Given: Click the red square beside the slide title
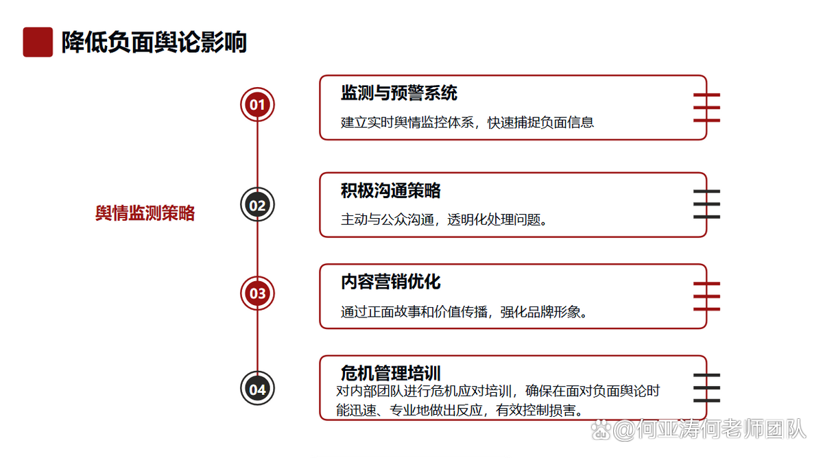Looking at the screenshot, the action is pos(38,42).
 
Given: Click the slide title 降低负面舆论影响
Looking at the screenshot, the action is pos(154,43).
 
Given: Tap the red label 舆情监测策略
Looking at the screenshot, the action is pos(145,213).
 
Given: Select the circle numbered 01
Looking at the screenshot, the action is pos(257,105).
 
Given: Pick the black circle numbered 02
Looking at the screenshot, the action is pos(257,204).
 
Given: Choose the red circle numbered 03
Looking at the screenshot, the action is pos(257,293).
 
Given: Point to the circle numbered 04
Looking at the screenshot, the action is pos(257,389).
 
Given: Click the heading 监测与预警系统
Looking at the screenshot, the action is pos(399,93).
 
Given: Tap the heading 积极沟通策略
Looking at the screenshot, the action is pos(390,191).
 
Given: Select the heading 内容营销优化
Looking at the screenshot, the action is pos(390,282).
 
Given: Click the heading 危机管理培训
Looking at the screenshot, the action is pos(390,373).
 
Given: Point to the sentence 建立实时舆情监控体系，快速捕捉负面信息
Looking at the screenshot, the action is pos(467,122).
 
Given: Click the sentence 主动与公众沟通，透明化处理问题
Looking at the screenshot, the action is pos(444,219).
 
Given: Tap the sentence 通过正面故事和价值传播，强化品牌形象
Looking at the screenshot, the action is pos(464,312).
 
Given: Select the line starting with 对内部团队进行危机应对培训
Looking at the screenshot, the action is pos(498,391).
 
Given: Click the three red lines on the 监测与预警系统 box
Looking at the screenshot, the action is pos(706,108).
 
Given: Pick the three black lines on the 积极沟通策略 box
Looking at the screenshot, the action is pos(706,204).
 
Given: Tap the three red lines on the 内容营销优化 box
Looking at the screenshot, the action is pos(706,296).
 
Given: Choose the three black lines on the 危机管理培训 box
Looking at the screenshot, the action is pos(706,388).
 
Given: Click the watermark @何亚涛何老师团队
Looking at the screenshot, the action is pos(699,429).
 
